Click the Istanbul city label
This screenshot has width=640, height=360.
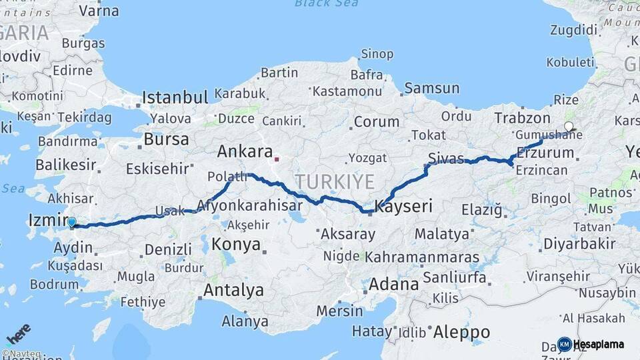pyautogui.click(x=175, y=97)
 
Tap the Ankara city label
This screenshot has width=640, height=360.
pyautogui.click(x=245, y=151)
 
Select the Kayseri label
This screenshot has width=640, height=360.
pyautogui.click(x=404, y=207)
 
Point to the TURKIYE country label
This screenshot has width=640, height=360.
pyautogui.click(x=335, y=181)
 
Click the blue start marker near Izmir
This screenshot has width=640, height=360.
pyautogui.click(x=72, y=223)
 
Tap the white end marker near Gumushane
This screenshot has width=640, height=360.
pyautogui.click(x=568, y=126)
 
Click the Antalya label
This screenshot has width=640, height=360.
pyautogui.click(x=233, y=291)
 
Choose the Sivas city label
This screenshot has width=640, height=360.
pyautogui.click(x=446, y=158)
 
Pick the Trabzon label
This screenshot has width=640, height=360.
pyautogui.click(x=522, y=118)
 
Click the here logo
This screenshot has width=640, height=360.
pyautogui.click(x=18, y=333)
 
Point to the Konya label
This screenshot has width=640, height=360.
pyautogui.click(x=236, y=245)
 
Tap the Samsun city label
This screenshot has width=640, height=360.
pyautogui.click(x=431, y=88)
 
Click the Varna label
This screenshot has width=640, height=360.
pyautogui.click(x=99, y=11)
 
